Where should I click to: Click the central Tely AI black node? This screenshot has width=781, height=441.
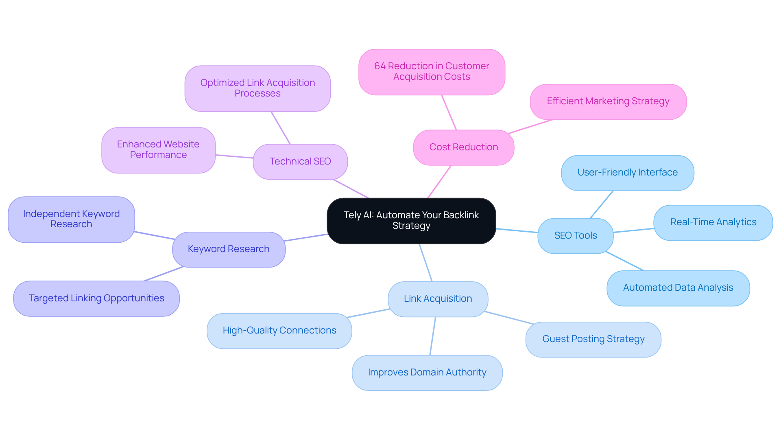[x=411, y=220]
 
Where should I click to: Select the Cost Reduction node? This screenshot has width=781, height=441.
[x=463, y=147]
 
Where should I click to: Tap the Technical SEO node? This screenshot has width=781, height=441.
[x=300, y=161]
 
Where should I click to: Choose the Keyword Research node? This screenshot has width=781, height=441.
[x=229, y=249]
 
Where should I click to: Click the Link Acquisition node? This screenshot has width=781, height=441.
[x=438, y=298]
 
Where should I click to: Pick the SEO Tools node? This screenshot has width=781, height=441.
[x=575, y=235]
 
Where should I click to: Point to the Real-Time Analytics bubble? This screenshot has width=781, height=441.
[x=713, y=222]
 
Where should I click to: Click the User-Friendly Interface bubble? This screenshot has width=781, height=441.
[x=627, y=172]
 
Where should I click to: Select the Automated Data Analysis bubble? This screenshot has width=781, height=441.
[x=678, y=287]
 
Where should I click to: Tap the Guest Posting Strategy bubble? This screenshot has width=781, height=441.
[x=593, y=339]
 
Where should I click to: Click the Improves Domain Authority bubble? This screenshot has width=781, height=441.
[x=427, y=372]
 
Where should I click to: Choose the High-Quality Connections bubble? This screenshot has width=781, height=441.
[x=279, y=330]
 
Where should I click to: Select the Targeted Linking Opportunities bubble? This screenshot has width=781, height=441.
[x=96, y=298]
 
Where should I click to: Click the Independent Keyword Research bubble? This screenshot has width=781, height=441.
[x=71, y=219]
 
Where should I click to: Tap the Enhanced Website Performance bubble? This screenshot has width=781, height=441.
[x=158, y=149]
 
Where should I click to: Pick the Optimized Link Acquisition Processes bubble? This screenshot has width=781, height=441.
[x=257, y=88]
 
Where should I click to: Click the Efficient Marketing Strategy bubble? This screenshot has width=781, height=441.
[x=608, y=101]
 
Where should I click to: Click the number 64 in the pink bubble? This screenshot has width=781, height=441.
[x=380, y=66]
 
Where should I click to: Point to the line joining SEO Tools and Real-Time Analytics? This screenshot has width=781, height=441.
[x=633, y=230]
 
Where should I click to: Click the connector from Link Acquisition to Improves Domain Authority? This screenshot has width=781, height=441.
[x=433, y=336]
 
